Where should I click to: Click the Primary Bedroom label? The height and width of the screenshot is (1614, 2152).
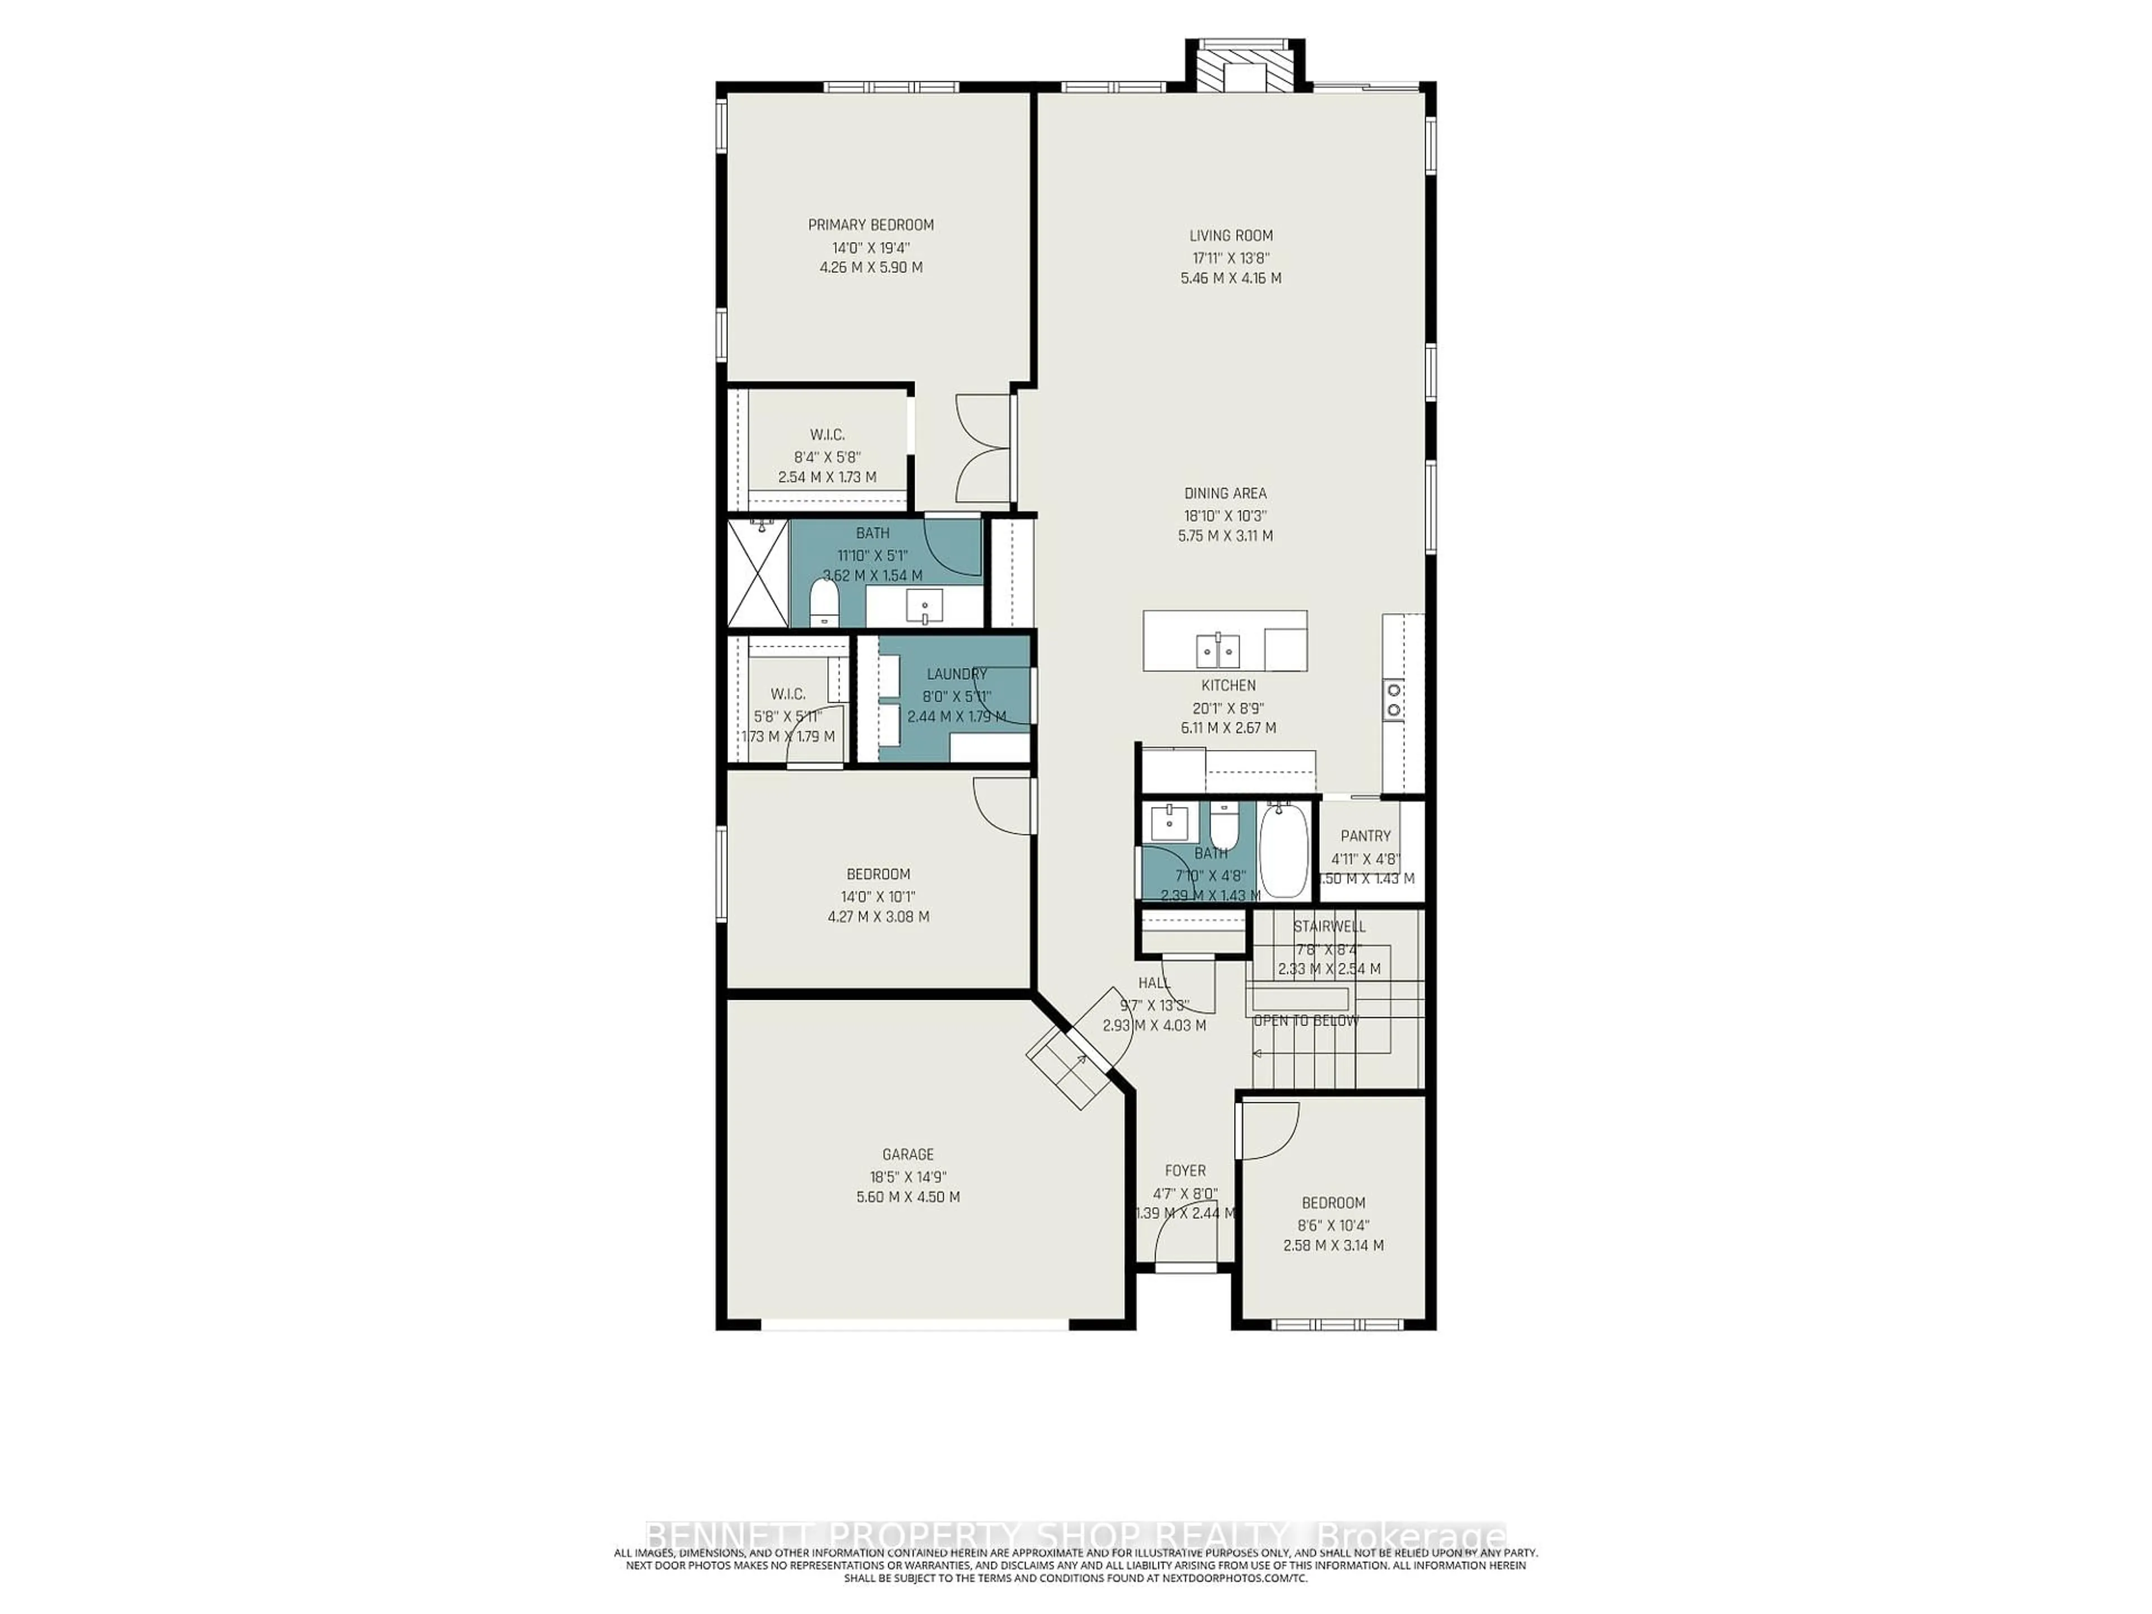click(871, 225)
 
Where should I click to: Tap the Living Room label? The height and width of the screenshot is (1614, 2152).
click(1231, 235)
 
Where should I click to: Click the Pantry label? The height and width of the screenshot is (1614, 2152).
click(1365, 836)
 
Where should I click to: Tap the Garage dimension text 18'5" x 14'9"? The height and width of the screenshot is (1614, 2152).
click(908, 1175)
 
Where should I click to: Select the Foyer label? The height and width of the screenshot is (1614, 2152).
click(1185, 1171)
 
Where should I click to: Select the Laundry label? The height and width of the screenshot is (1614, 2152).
click(956, 673)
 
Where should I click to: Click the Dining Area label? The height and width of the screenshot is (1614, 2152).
click(1225, 493)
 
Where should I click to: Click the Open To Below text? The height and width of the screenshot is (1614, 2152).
click(1306, 1021)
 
